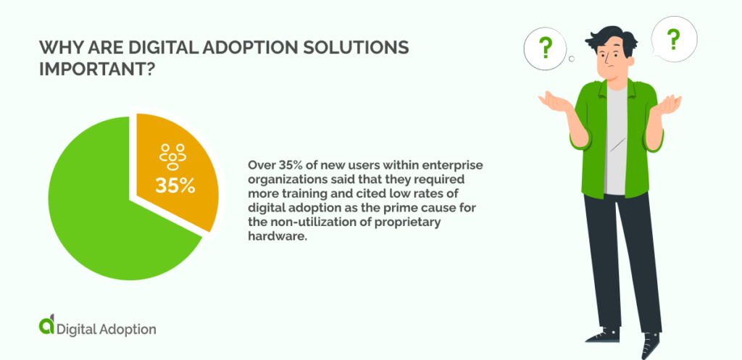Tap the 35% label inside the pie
(175, 185)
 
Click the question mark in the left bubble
(546, 48)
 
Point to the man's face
(611, 61)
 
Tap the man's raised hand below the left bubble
(554, 101)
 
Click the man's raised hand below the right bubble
(667, 105)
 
